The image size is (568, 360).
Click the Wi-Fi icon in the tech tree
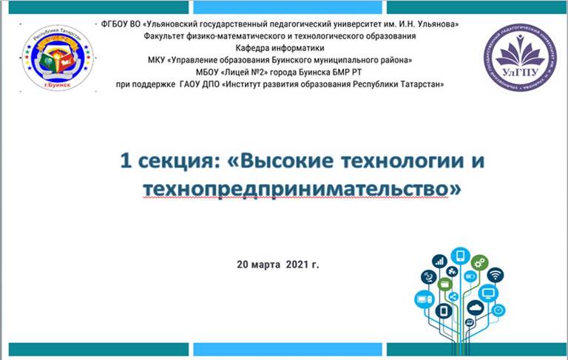(496, 275)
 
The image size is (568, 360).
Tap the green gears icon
(479, 263)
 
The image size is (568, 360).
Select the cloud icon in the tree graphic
(476, 308)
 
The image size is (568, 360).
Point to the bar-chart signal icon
(439, 261)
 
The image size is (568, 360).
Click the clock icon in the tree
(498, 310)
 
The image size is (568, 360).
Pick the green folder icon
(444, 285)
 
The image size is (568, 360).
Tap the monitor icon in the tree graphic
(488, 293)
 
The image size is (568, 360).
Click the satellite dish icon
(428, 277)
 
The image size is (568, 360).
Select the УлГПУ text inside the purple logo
(521, 72)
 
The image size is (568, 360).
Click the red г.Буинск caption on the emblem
(57, 86)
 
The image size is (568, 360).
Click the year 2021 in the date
(297, 265)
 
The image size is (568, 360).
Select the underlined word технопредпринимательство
(296, 189)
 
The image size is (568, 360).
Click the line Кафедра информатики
(280, 48)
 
